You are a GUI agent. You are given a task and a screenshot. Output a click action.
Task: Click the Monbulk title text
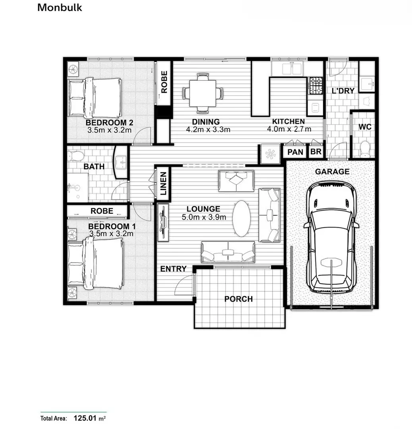tap(60, 8)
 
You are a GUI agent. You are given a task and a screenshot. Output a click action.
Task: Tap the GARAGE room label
tap(332, 172)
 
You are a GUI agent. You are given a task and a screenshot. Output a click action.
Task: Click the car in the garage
tap(332, 237)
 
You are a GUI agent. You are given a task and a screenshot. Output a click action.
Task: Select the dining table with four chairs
tap(203, 93)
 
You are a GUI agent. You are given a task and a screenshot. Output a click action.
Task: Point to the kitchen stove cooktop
tap(315, 86)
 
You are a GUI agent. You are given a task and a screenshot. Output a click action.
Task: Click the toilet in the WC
tap(365, 149)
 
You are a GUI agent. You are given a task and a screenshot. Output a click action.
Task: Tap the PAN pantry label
tap(295, 152)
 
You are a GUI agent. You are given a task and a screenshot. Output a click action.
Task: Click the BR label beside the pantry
tap(316, 152)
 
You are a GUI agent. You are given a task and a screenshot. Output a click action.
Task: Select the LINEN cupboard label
tap(163, 183)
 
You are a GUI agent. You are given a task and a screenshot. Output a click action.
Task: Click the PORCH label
tap(238, 299)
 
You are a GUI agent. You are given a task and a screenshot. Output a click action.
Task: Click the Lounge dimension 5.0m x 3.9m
tap(204, 217)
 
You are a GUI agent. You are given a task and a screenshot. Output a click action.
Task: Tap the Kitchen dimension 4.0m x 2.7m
tap(289, 129)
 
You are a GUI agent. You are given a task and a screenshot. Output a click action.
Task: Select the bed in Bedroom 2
tap(95, 98)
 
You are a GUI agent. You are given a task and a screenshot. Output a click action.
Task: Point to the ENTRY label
tap(174, 269)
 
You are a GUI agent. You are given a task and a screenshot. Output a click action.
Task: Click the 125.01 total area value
tap(85, 418)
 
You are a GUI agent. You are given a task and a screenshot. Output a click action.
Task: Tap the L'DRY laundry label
tap(343, 91)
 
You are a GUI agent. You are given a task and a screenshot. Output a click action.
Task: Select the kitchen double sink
tap(292, 69)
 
